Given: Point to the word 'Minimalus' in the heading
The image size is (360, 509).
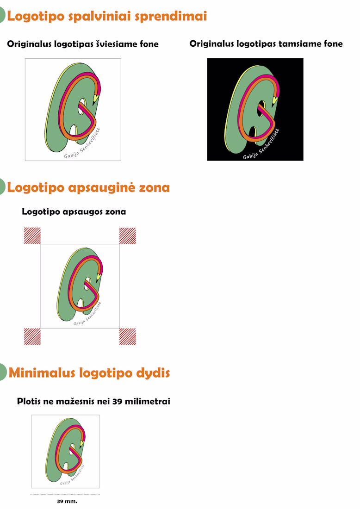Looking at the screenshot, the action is coord(42,372).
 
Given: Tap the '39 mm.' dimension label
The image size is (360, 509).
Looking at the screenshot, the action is coord(67,501).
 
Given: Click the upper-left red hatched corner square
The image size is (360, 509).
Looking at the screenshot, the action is coord(32,236).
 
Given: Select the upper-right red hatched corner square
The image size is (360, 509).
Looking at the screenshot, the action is coord(128,236).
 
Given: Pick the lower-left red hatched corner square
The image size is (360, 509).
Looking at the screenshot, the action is coord(32,336).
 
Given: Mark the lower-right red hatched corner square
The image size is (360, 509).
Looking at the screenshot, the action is coord(128,336).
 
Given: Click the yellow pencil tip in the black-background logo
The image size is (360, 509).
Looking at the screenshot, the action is coord(274,99).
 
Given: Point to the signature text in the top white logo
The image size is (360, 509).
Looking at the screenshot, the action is coord(82,143).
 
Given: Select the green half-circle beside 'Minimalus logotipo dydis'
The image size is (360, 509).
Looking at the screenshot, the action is coord(3,372).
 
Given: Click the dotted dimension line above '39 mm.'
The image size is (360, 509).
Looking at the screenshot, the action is coord(65,494).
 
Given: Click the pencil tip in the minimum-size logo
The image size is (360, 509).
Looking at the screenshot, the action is coord(82,442).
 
